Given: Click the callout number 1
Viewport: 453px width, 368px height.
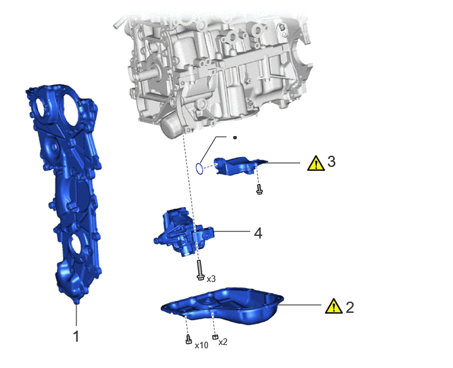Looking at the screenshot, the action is point(76,336).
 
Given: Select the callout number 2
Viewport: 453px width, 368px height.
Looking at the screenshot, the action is point(350,307).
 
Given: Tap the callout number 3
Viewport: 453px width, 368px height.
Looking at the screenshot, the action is point(332,161).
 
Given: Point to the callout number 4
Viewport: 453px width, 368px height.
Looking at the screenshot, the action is point(258,233).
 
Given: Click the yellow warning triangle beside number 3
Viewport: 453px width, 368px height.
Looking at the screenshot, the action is point(316,163).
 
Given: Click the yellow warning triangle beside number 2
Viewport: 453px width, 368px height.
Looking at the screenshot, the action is point(334,306).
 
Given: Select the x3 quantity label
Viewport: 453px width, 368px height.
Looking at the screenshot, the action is point(211,279).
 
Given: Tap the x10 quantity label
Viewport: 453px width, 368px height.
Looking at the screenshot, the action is point(201,345).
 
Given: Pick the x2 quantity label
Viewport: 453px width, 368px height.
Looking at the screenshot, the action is point(223,342).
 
